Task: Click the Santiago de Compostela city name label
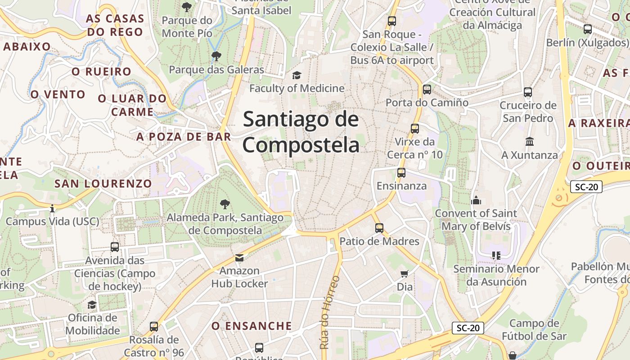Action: (301, 132)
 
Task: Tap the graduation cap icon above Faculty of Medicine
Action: (297, 75)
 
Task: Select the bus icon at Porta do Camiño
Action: (427, 90)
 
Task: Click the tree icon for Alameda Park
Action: (225, 205)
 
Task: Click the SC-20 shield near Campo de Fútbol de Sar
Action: (468, 328)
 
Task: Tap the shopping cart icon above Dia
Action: (405, 274)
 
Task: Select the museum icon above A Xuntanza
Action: (530, 142)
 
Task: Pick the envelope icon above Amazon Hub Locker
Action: (239, 258)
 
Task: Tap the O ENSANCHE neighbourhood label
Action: (252, 326)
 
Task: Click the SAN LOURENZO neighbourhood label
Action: (103, 184)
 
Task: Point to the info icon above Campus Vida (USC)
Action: (52, 209)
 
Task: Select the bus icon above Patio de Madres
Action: (379, 228)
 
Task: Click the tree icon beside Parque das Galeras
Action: (216, 56)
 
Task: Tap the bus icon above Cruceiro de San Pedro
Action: (528, 92)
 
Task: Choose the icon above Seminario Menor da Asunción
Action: (496, 256)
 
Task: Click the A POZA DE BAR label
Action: (184, 137)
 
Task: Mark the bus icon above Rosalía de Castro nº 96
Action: (154, 327)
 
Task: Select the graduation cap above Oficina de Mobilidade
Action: (92, 305)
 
